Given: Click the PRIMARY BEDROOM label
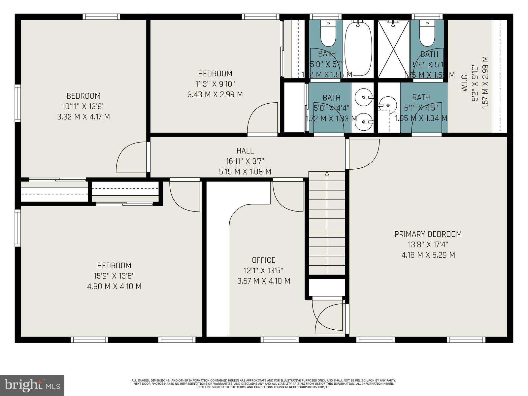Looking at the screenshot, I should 428,234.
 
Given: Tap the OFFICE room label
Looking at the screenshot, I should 263,260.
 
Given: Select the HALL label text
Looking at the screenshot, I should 245,151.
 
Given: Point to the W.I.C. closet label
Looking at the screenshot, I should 464,82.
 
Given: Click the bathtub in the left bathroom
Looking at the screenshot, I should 358,49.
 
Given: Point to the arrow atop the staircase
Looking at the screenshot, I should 327,174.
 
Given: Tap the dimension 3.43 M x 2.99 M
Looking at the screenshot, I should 215,95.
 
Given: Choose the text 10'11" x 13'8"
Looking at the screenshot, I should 83,106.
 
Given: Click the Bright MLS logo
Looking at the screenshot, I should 32,385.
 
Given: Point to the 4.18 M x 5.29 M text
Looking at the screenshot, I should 428,255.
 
